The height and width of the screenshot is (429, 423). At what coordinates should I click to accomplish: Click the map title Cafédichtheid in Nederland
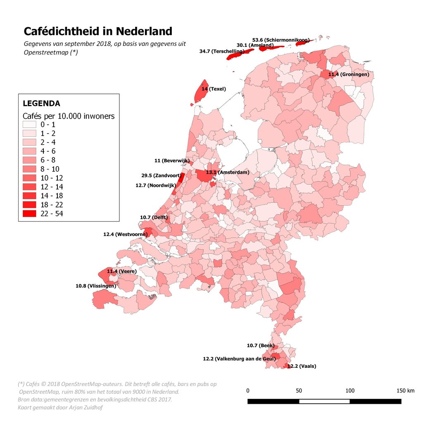pos(97,31)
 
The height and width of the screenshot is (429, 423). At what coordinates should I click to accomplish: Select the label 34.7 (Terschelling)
pos(221,51)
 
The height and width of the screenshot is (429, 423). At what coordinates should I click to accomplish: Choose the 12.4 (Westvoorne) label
pos(125,234)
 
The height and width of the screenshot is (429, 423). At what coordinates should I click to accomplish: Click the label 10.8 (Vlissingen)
pos(96,286)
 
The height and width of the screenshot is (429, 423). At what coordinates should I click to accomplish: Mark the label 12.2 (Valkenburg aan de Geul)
pos(239,359)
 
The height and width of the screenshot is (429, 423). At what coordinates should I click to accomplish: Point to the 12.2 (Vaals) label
pos(302,366)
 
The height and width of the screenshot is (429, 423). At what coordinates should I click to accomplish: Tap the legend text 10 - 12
pos(55,178)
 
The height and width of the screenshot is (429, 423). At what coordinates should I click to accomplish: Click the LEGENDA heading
pos(41,103)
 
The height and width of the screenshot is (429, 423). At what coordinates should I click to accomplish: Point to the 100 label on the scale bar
pos(350,391)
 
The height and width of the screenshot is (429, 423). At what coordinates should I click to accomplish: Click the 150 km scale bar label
pos(405,391)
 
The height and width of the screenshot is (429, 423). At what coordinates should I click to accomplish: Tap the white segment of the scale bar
pos(324,401)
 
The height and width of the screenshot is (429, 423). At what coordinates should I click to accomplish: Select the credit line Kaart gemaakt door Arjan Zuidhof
pos(60,408)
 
